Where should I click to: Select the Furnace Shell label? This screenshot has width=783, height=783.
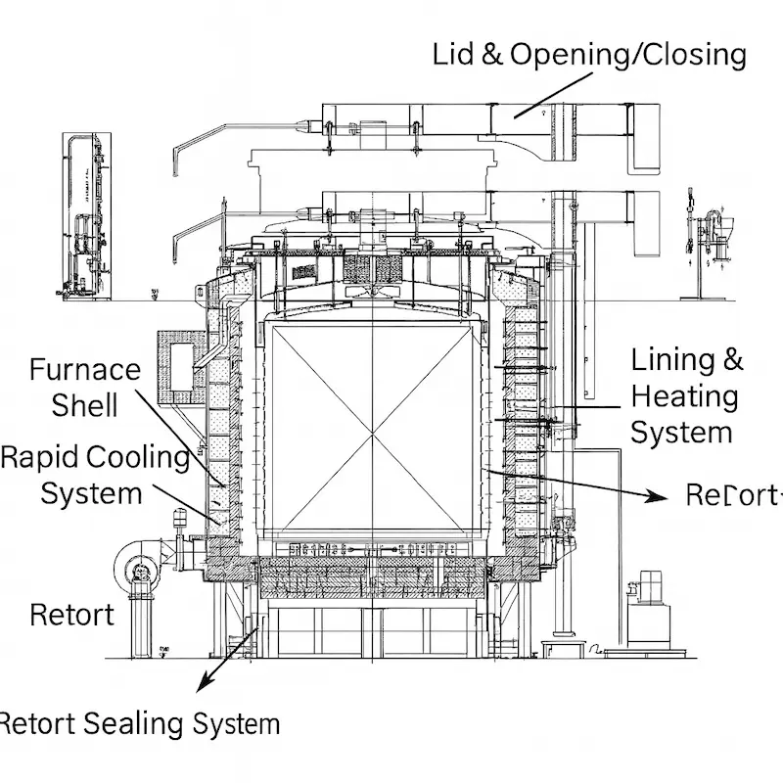(85, 387)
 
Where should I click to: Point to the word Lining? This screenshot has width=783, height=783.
(672, 360)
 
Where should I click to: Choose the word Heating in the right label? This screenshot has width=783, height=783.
(684, 396)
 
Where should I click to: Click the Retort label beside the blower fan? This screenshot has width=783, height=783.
(71, 615)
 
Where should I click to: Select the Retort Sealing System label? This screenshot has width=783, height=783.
(139, 724)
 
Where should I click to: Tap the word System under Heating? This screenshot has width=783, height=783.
(681, 433)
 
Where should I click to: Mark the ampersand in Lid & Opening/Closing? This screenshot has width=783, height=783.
(492, 55)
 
